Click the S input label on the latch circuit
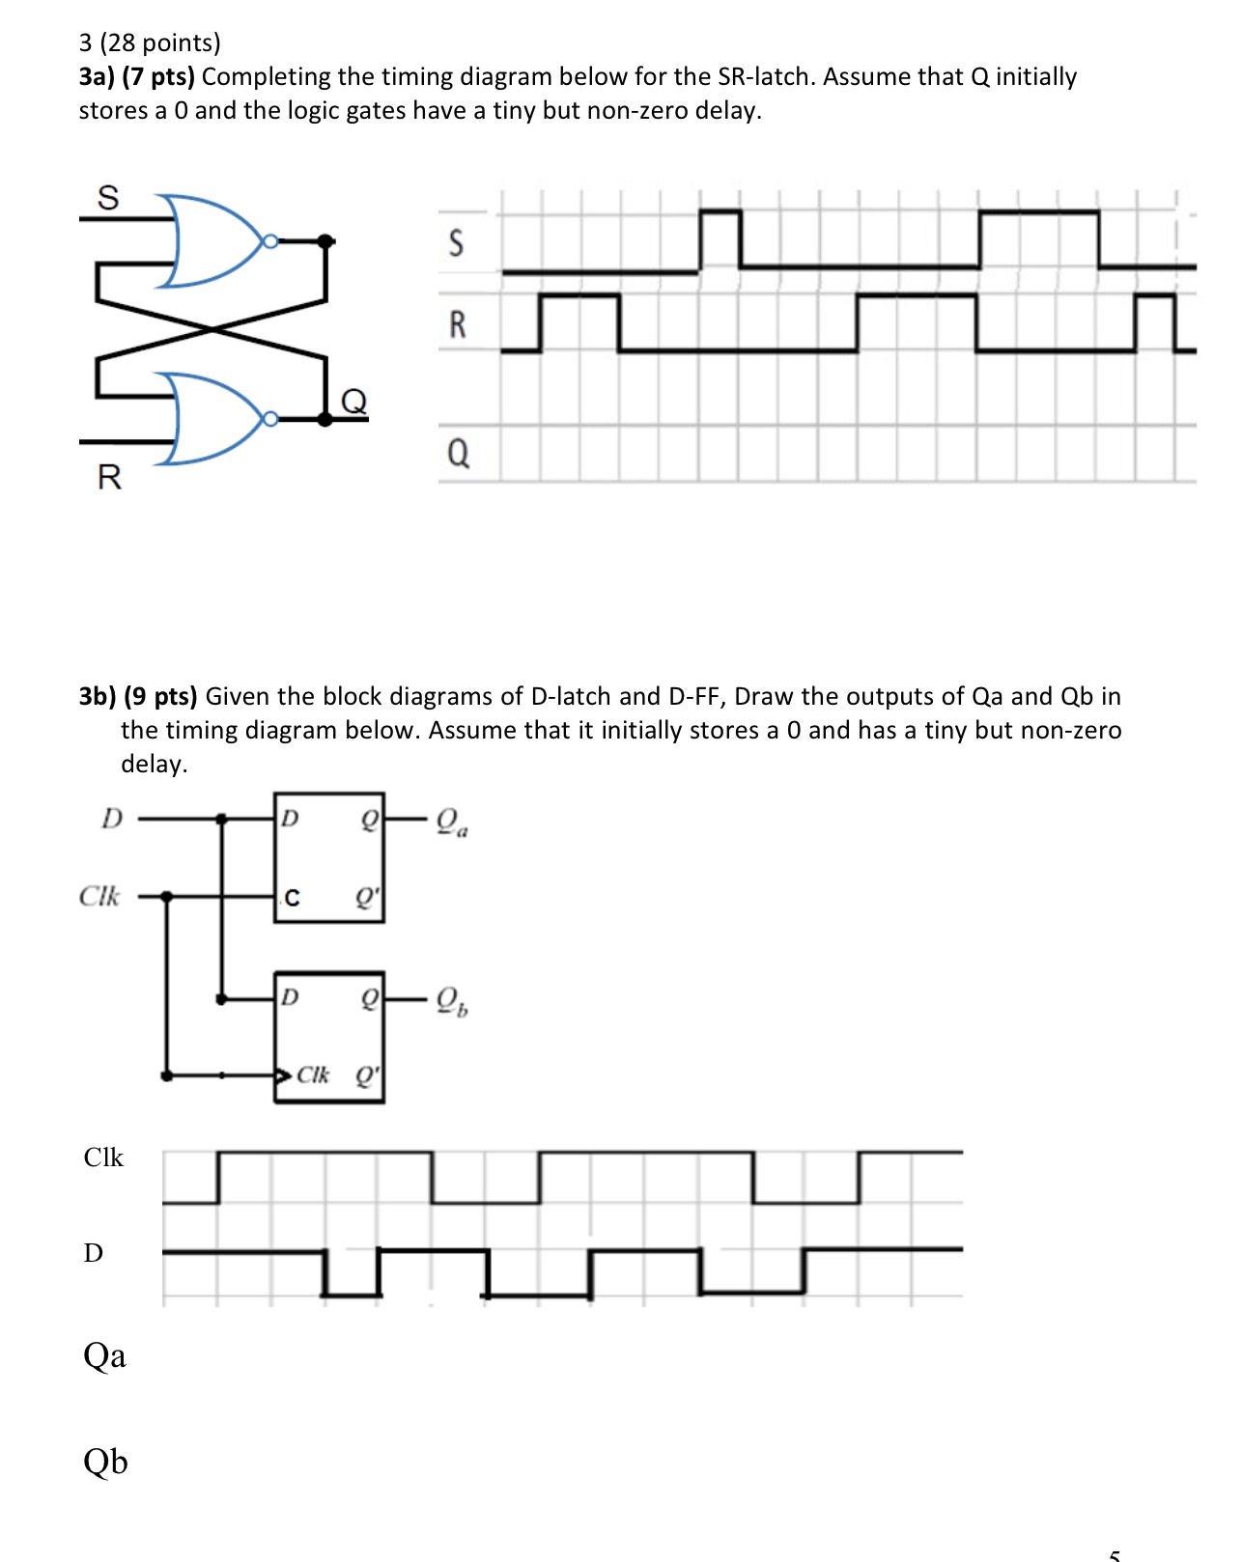pos(108,198)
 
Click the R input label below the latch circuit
pos(109,477)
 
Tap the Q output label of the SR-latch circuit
pos(354,401)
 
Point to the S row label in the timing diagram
pos(457,242)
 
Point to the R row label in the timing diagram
pos(458,324)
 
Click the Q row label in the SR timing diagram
pos(459,452)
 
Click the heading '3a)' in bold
pos(98,77)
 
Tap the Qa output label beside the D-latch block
pos(451,823)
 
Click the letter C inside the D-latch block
pos(292,899)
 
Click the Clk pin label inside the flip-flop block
pos(312,1074)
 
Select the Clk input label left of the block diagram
pos(99,897)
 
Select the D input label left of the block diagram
pos(112,819)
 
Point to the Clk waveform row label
pos(103,1158)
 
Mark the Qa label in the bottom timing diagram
pos(104,1356)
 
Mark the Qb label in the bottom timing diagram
pos(105,1462)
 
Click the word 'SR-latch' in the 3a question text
pos(766,77)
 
